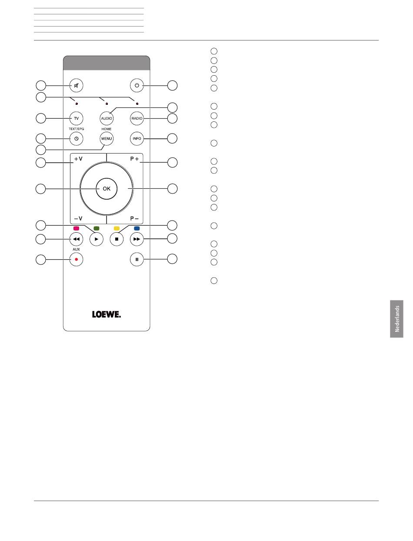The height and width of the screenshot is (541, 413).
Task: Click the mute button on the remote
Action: click(77, 85)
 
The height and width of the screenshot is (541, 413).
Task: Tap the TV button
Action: click(77, 118)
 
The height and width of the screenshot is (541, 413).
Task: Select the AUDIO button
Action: click(107, 118)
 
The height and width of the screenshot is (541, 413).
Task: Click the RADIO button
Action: click(137, 118)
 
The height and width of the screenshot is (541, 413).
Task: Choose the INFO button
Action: click(137, 139)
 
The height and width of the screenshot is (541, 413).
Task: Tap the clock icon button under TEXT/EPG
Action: click(77, 139)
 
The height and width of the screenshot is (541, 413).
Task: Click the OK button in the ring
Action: click(107, 189)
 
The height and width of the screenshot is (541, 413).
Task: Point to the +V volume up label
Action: click(78, 159)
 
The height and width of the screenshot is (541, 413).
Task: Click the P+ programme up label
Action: click(134, 159)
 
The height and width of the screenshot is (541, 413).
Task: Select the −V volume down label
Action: click(78, 218)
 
